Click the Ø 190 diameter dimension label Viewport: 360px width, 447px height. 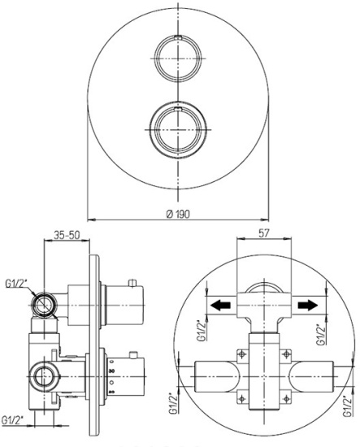pos(178,214)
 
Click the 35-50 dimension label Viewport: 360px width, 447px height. pos(67,235)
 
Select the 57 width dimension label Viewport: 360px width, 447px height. pos(263,233)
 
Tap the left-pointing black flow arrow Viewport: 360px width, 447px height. pos(220,306)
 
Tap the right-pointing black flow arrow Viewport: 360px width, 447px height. pos(308,306)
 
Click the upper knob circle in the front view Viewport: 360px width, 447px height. pos(178,59)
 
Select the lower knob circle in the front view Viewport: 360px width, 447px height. pos(178,130)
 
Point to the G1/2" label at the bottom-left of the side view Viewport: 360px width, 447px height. pos(12,420)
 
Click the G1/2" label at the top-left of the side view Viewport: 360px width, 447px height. pos(16,284)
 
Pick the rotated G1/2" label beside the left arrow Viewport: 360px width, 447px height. pos(202,330)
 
